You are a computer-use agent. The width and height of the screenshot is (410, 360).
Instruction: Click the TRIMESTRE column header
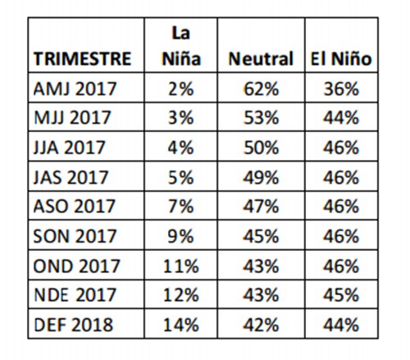[82, 59]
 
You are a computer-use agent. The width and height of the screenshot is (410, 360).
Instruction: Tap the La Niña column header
[181, 46]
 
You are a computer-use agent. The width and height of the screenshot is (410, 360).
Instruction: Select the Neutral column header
[261, 59]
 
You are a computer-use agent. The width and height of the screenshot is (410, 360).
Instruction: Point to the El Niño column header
[341, 59]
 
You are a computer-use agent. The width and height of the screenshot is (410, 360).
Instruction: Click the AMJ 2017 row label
[75, 89]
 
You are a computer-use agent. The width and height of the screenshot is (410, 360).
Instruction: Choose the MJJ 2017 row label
[72, 117]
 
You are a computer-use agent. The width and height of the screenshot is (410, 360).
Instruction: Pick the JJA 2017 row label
[69, 148]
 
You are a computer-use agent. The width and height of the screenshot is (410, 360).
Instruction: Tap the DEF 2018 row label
[73, 325]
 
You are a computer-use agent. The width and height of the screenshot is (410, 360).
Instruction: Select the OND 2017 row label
[76, 266]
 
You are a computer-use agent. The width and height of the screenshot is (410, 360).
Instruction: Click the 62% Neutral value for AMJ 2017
[262, 89]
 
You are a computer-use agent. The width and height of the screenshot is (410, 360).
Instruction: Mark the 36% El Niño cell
[341, 89]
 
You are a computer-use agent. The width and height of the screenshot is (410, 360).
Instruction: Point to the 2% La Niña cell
[181, 89]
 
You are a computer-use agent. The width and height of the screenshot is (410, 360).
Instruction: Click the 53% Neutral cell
[262, 117]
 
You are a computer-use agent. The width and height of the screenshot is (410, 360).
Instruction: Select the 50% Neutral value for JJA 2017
[262, 148]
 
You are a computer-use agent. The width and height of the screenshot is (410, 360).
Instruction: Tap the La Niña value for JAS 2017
[181, 177]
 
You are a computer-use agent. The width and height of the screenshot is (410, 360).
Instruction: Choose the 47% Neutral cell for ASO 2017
[262, 206]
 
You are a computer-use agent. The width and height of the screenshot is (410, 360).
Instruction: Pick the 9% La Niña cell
[181, 236]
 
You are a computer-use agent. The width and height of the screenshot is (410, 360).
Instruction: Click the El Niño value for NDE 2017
[341, 295]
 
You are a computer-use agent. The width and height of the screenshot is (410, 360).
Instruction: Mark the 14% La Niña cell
[181, 325]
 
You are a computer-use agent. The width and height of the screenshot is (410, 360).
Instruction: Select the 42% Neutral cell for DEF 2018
[262, 325]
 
